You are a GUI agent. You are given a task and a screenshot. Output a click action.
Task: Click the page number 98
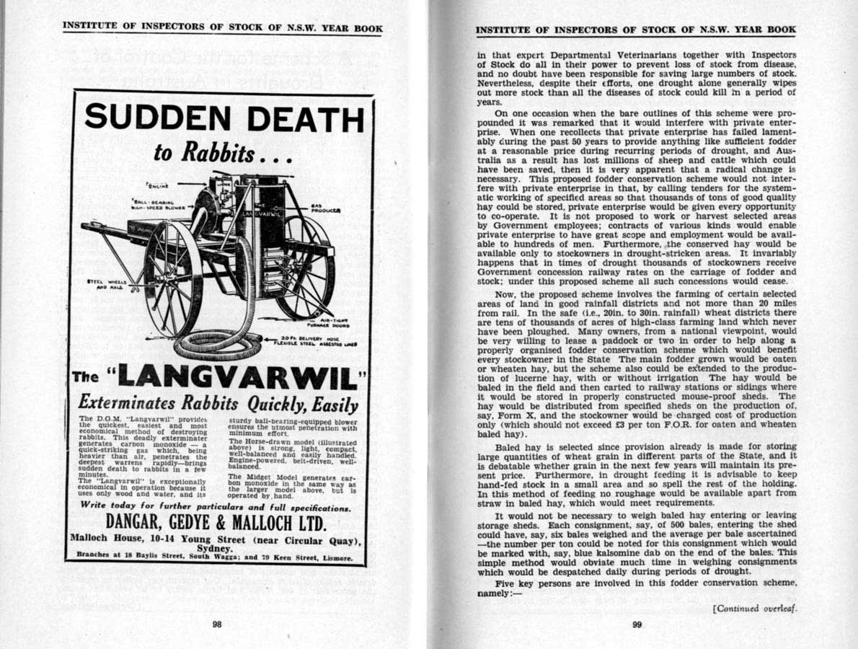coord(217,625)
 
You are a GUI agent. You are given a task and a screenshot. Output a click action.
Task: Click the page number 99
coord(637,625)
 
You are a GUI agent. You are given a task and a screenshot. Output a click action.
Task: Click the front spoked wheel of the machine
coord(173,278)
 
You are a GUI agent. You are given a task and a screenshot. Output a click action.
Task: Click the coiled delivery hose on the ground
coord(216,345)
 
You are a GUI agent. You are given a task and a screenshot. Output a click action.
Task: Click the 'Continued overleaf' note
coord(755,607)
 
